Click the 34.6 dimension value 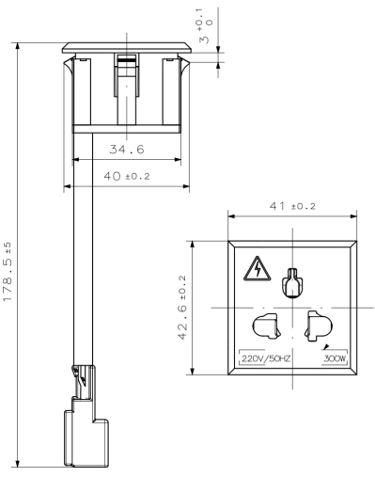(127, 150)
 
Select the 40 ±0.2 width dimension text (127, 176)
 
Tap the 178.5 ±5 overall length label (8, 271)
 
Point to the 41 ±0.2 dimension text (292, 206)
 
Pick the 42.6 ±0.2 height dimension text (182, 308)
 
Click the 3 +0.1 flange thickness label (204, 25)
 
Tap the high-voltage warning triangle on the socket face (258, 268)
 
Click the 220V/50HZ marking (266, 358)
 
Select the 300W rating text (335, 358)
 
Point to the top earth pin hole (292, 282)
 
